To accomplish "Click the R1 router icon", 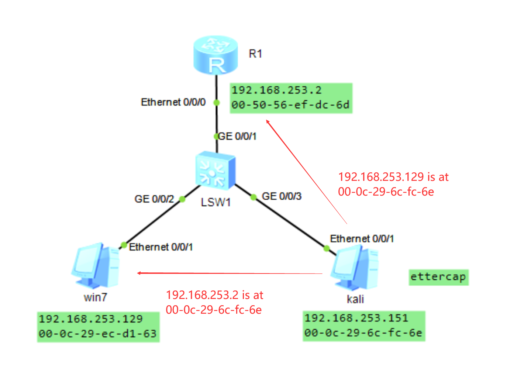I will click(x=216, y=55).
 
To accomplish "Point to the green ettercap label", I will click(x=438, y=277).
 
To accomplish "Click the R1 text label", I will click(x=255, y=54).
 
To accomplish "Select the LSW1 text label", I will click(x=215, y=202).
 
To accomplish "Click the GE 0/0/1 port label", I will click(x=237, y=137).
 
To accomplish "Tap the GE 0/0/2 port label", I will click(x=154, y=199).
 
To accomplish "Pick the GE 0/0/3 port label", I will click(x=282, y=196).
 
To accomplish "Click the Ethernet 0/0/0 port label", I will click(x=173, y=102).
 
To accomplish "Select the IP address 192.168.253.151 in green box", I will click(x=356, y=318).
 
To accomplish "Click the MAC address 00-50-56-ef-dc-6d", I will click(x=290, y=105).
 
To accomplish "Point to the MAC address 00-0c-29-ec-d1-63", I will click(x=98, y=334).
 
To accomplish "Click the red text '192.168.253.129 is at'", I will click(x=393, y=177).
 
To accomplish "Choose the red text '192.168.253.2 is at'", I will click(x=214, y=295).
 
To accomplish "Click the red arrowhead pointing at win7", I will click(x=139, y=273).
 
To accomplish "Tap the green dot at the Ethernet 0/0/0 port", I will click(x=217, y=103).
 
